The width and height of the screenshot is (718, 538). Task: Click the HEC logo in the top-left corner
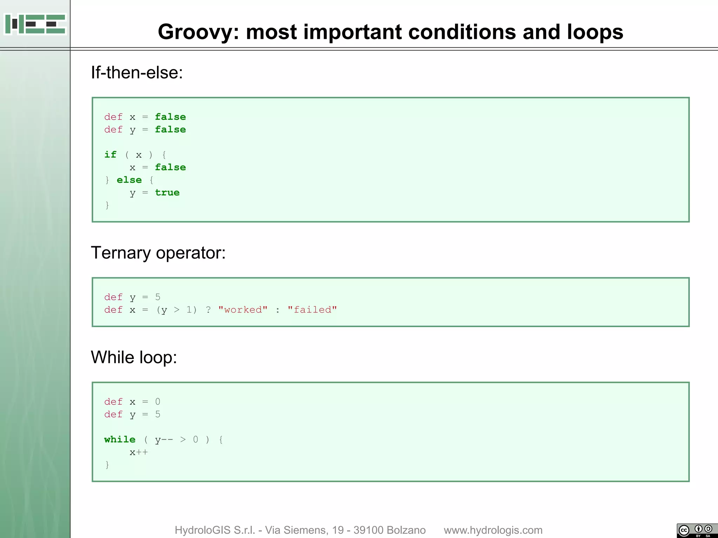coord(35,24)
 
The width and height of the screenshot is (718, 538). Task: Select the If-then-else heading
coord(137,73)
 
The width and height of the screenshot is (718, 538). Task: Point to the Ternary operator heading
coord(158,253)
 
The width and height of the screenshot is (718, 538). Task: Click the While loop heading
coord(134,357)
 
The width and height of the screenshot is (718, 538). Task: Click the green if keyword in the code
coord(110,154)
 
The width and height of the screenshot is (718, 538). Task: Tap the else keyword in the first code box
coord(129,180)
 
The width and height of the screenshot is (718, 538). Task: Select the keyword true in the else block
coord(167,193)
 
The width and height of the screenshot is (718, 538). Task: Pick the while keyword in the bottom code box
coord(120,439)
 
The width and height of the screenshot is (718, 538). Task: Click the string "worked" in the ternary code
coord(243,310)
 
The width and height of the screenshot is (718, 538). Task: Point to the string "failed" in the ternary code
coord(312,310)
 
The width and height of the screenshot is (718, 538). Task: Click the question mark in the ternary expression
coord(208,310)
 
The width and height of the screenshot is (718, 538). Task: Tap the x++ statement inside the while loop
coord(138,452)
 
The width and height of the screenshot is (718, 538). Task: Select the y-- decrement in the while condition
coord(164,440)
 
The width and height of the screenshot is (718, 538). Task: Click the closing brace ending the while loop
coord(107,465)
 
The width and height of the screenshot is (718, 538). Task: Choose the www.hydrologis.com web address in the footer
coord(493,530)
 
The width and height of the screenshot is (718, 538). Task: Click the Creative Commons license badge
coord(697,530)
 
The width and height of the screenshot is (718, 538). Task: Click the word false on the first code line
coord(170,117)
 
